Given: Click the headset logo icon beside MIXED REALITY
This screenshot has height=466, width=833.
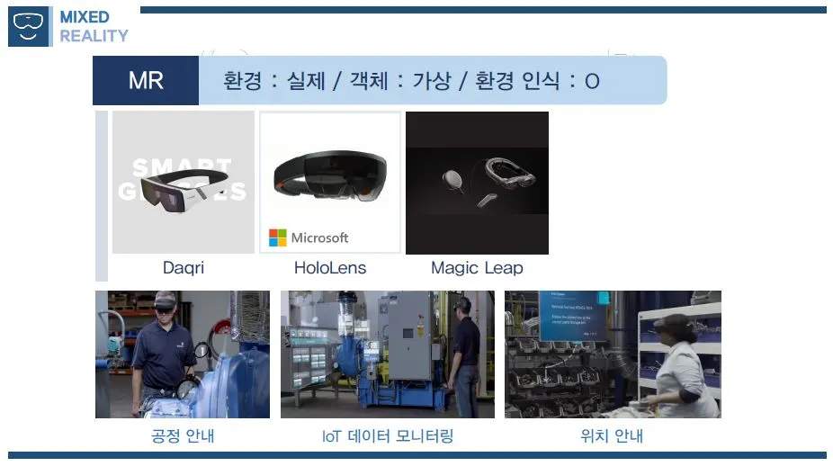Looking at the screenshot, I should tap(30, 26).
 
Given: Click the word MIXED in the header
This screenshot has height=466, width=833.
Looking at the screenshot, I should tap(85, 17).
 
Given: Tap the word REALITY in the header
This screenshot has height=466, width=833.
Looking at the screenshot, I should tap(94, 36).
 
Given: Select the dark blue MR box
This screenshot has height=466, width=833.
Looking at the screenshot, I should tap(146, 81).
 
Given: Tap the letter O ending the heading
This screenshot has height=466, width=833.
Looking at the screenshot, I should tap(591, 82).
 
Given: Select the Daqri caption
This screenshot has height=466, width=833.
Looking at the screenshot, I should tap(183, 268).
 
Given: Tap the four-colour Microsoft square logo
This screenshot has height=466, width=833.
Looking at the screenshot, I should tap(277, 237).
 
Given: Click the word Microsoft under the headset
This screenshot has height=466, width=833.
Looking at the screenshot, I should tap(319, 237).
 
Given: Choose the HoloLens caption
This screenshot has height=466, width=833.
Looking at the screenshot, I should tap(330, 268).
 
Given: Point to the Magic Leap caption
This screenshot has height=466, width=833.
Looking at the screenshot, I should tap(477, 268).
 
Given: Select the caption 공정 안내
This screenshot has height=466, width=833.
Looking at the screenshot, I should tap(183, 437).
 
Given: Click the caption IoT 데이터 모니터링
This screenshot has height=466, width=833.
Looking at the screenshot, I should tap(388, 437).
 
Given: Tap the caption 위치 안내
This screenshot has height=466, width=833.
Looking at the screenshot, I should tap(612, 437).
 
